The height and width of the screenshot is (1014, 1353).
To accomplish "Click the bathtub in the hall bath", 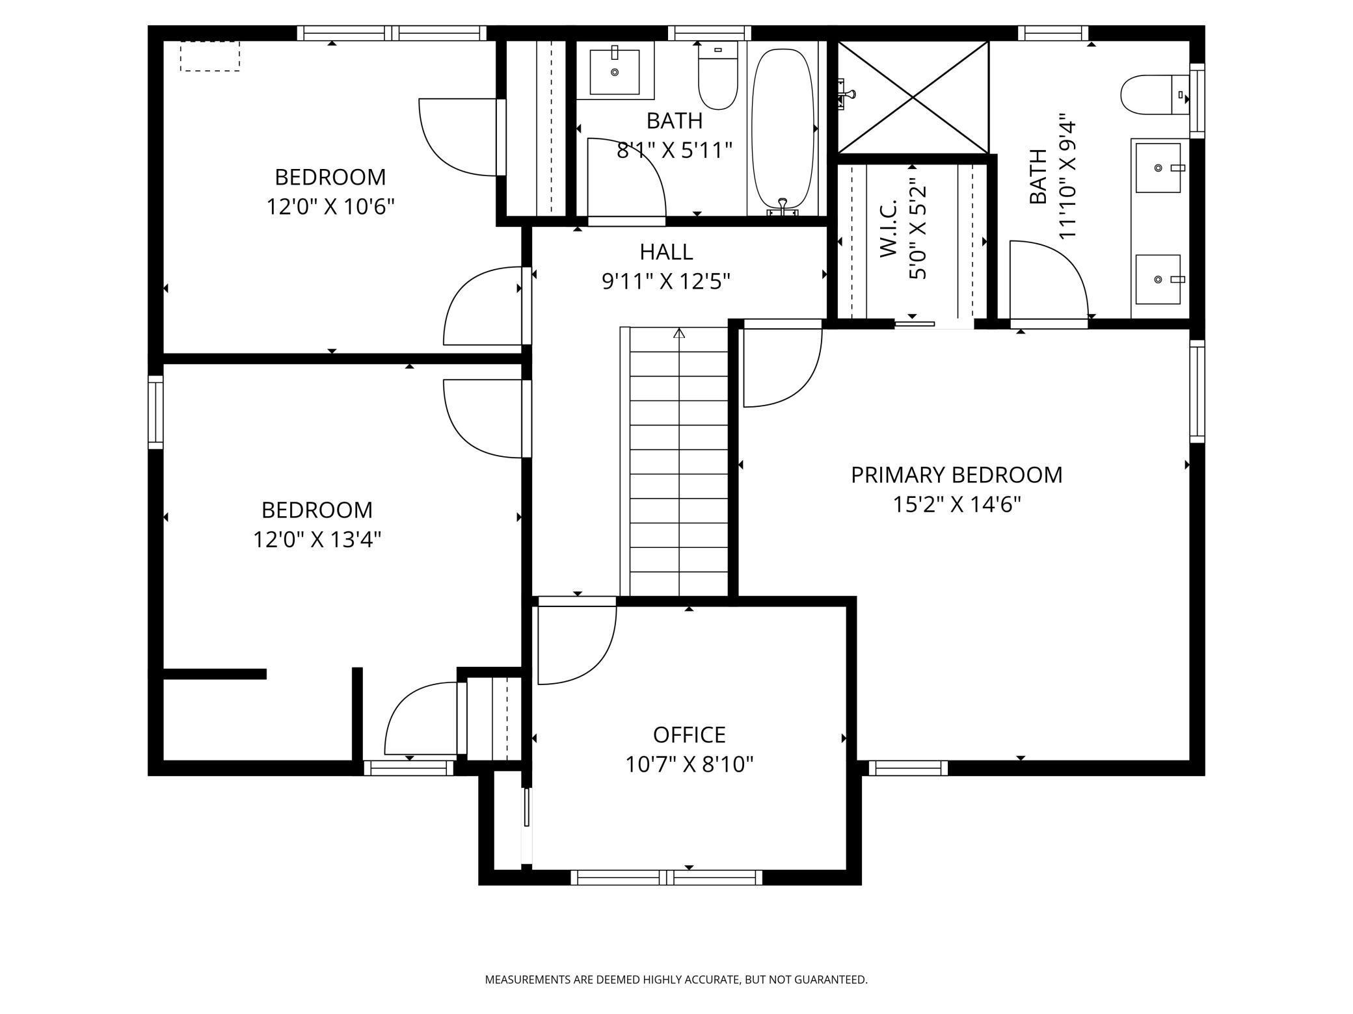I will click(783, 127).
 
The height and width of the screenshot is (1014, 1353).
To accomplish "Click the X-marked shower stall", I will click(913, 97).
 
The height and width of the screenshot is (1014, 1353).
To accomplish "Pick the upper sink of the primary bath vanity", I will click(1158, 168).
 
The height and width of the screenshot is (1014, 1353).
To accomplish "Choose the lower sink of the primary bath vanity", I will click(1158, 279).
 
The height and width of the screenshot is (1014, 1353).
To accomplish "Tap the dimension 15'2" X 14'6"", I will click(956, 504).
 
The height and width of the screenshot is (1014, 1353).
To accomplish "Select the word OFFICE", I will click(689, 734).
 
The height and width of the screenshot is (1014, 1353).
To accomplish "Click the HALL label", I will click(665, 252).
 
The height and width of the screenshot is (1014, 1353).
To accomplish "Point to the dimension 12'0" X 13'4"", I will click(317, 539).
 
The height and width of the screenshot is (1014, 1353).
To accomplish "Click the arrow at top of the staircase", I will click(679, 334).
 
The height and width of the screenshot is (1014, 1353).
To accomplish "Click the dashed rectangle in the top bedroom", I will click(209, 56).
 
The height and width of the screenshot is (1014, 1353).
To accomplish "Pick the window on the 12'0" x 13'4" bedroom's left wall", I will click(155, 412).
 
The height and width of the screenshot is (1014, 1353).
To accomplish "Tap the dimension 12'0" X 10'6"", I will click(330, 207).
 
